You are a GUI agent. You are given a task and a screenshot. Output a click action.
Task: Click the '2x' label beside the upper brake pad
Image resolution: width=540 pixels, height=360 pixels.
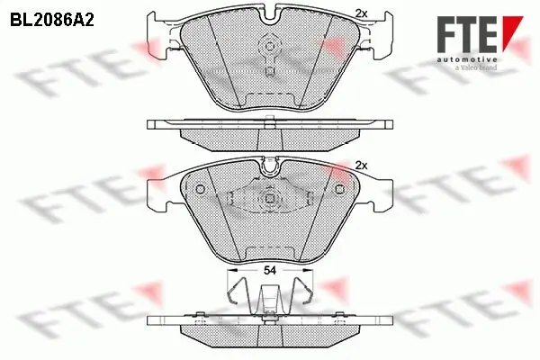[x=363, y=13]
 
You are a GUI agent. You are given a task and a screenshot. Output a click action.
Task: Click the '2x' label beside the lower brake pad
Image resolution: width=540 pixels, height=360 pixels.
[x=363, y=166]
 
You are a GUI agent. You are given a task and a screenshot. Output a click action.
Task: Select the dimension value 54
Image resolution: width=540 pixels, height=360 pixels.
[x=270, y=271]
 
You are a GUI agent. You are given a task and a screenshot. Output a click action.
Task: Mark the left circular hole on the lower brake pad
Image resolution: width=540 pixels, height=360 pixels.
[x=200, y=188]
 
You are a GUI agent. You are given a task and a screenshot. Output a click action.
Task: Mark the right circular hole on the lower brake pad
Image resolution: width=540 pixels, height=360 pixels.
[x=339, y=188]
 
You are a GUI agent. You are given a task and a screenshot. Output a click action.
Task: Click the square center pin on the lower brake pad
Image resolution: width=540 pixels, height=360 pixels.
[x=270, y=201]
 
